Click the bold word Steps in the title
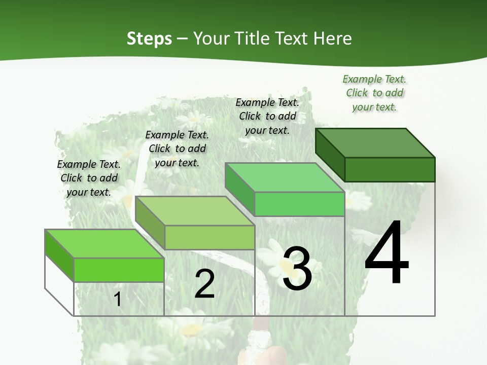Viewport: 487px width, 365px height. click(x=149, y=39)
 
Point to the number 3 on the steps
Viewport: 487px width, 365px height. click(x=297, y=269)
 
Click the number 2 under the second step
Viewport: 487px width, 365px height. click(x=204, y=283)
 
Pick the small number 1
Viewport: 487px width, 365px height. click(x=118, y=299)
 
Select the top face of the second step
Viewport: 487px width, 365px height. click(x=195, y=211)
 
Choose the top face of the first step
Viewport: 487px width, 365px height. click(x=105, y=244)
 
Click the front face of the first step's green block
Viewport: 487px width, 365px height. click(x=119, y=270)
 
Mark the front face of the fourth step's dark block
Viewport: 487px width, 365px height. click(x=390, y=169)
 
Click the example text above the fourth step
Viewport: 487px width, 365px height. click(x=374, y=93)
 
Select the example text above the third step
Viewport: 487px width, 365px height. click(x=267, y=116)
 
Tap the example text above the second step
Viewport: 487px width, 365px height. click(x=177, y=149)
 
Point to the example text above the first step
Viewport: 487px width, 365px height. click(x=89, y=178)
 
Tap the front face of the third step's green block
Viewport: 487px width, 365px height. click(x=299, y=204)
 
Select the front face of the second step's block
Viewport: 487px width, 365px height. click(x=210, y=237)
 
